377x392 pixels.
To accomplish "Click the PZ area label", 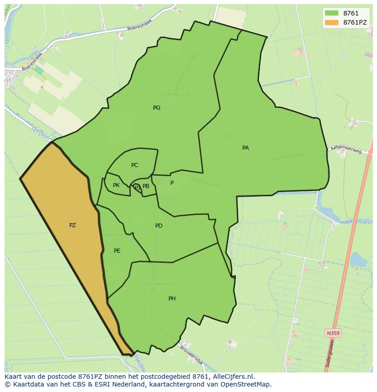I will tap(72, 225).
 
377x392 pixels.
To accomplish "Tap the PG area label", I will tap(157, 108).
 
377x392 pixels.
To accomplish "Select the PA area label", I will tap(245, 148).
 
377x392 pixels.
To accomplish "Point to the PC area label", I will tap(134, 165).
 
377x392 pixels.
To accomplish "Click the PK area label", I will tap(116, 185).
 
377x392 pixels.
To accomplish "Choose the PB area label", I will tap(146, 186).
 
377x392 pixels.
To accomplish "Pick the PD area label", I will tap(158, 226).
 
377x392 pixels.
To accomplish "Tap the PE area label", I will tap(117, 251).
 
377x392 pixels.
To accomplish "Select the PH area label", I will tap(172, 299).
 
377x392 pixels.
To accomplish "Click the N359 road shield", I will tap(333, 333).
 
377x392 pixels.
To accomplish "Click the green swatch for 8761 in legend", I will tap(331, 13).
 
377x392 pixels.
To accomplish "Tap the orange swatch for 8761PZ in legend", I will tap(331, 22).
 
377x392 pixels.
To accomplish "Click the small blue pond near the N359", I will tap(358, 260).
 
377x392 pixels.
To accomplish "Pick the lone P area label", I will tap(172, 183).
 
